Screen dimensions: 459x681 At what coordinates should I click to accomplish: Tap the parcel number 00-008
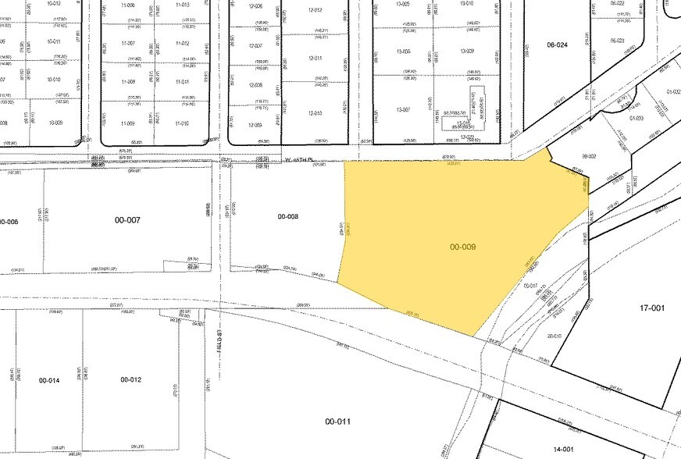[x=288, y=216]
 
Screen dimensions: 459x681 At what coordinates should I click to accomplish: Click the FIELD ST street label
[x=220, y=341]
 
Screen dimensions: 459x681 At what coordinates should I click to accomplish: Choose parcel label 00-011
[x=338, y=422]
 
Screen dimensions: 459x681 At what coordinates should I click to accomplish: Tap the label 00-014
[x=49, y=379]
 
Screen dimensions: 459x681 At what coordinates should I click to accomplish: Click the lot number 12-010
[x=315, y=113]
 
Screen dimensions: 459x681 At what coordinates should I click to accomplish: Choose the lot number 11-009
[x=128, y=123]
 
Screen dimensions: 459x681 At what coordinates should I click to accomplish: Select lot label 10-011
[x=54, y=41]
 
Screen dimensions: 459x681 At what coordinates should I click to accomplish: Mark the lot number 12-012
[x=315, y=10]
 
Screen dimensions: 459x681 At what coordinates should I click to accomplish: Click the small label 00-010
[x=554, y=336]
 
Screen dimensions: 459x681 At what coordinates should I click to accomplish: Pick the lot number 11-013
[x=183, y=5]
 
